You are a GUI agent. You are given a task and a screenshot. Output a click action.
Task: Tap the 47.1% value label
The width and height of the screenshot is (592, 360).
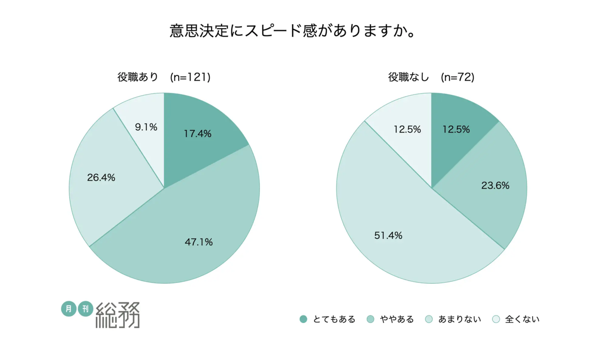tap(199, 242)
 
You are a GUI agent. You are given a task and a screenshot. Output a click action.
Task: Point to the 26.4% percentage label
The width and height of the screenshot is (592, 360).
tap(101, 177)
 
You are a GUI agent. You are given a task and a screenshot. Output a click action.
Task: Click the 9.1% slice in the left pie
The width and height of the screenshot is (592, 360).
tap(143, 120)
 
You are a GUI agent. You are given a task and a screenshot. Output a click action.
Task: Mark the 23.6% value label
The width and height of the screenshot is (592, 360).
tap(495, 186)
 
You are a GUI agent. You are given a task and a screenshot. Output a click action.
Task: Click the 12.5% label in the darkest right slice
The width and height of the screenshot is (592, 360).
tap(456, 129)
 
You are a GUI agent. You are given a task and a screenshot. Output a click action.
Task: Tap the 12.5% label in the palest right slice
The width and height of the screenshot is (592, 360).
tap(407, 129)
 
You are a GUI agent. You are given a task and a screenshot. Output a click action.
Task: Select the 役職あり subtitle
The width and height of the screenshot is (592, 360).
tap(138, 78)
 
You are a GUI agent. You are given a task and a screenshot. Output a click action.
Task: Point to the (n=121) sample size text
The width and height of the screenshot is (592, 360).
tap(191, 78)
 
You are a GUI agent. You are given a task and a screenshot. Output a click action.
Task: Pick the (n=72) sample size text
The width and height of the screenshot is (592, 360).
tap(458, 78)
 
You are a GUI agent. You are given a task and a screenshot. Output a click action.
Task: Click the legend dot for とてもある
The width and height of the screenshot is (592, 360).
tap(303, 319)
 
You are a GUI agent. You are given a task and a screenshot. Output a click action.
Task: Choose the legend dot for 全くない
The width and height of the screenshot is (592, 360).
tap(496, 319)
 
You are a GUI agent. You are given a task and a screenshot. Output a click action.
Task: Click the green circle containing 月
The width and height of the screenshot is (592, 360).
tap(68, 309)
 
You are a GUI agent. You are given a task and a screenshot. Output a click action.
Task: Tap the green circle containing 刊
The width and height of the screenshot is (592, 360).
tap(86, 309)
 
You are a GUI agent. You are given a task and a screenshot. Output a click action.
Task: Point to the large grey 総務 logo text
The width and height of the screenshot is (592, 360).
tap(118, 315)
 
